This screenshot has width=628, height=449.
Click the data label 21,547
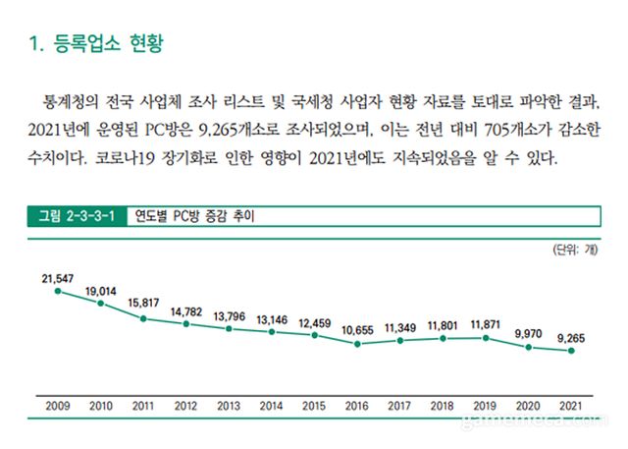(58, 279)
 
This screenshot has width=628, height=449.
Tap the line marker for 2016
(357, 344)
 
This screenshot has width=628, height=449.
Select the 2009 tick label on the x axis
(58, 405)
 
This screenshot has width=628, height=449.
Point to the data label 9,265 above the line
(570, 338)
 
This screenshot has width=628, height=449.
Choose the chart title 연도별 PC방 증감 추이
(187, 215)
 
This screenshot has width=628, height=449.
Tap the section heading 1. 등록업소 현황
(95, 43)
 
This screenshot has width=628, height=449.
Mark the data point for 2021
(570, 351)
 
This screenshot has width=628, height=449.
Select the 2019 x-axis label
(485, 405)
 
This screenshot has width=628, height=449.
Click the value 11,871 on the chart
(485, 325)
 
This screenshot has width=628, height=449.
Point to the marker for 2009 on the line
(58, 291)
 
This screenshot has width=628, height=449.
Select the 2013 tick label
(229, 405)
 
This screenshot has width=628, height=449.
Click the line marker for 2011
(143, 318)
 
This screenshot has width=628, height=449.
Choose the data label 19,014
(101, 292)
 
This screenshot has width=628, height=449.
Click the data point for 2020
(528, 348)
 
